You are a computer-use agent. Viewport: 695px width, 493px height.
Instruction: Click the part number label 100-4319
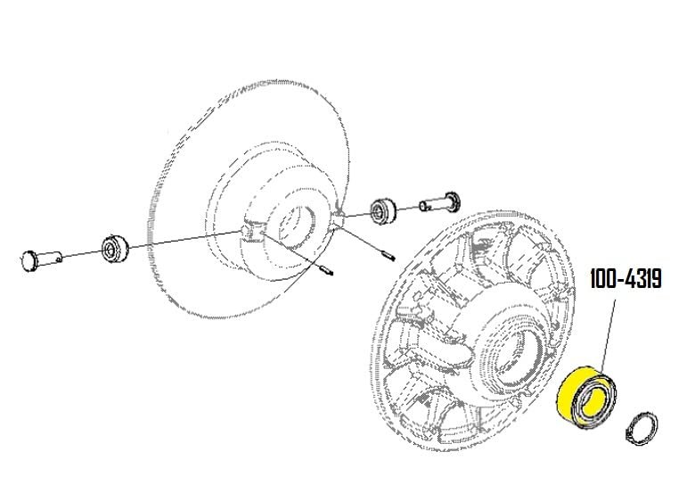click(625, 278)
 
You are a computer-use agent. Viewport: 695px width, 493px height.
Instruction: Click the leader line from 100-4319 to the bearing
click(609, 333)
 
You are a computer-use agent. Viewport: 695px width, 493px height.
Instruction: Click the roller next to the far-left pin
click(114, 249)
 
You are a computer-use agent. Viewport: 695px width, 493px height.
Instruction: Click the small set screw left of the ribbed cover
click(387, 256)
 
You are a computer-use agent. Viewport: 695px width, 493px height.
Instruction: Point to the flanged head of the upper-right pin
click(453, 200)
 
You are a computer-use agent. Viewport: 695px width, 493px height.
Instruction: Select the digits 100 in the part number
click(604, 278)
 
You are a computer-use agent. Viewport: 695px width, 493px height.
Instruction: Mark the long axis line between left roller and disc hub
click(184, 240)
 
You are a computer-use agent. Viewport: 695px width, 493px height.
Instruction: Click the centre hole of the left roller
click(108, 251)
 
